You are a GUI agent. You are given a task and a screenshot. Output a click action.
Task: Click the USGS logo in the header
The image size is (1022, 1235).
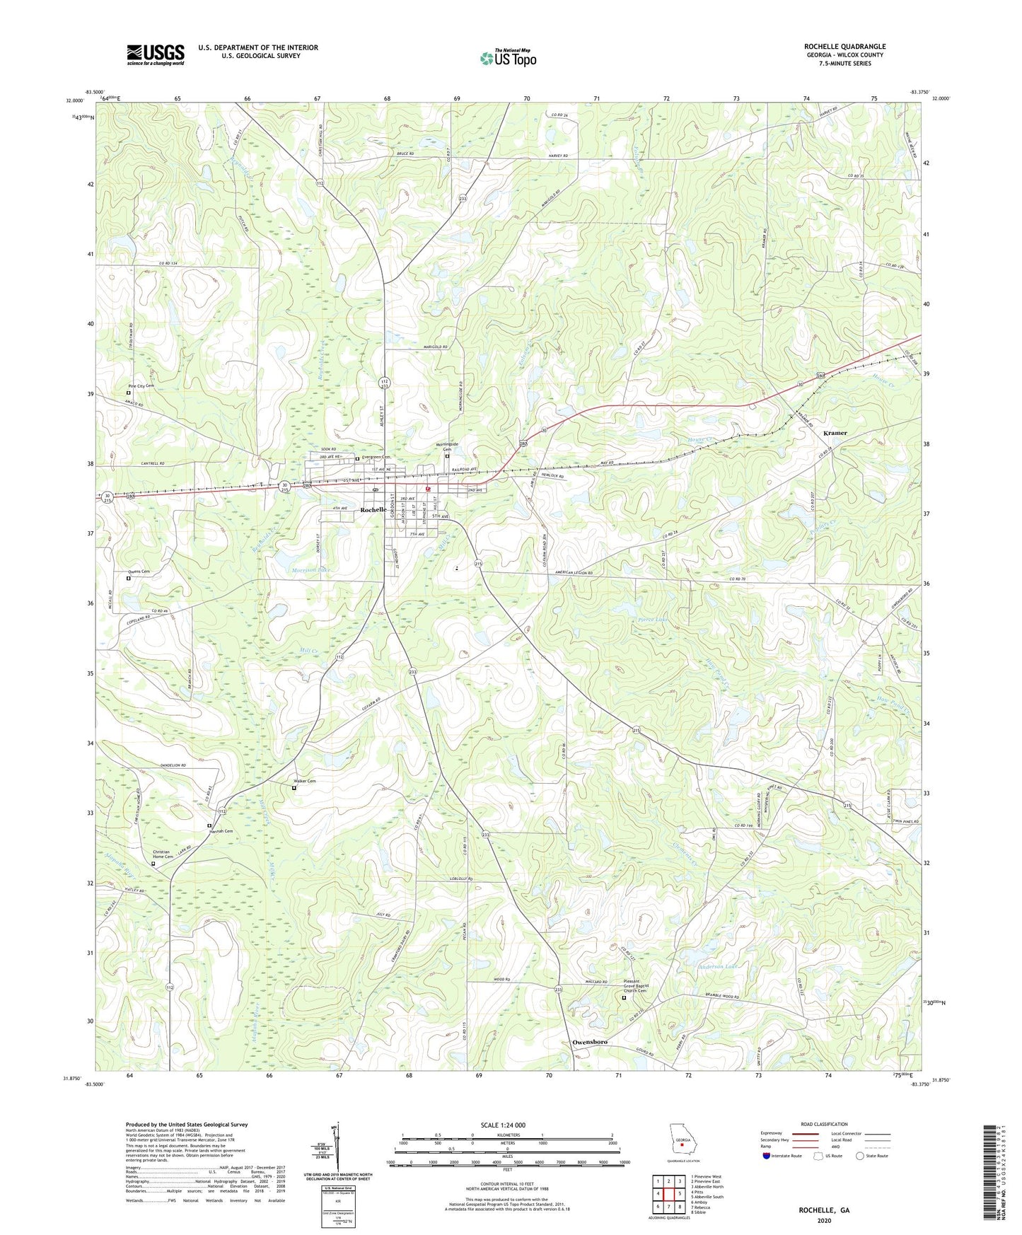pyautogui.click(x=155, y=54)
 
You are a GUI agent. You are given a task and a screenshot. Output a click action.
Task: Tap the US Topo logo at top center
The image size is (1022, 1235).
pyautogui.click(x=507, y=58)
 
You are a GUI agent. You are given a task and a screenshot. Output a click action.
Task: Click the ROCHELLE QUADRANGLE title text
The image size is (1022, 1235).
pyautogui.click(x=844, y=47)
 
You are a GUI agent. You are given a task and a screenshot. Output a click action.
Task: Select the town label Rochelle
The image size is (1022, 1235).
pyautogui.click(x=373, y=510)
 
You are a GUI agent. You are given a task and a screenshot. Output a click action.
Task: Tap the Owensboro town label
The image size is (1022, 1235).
pyautogui.click(x=589, y=1042)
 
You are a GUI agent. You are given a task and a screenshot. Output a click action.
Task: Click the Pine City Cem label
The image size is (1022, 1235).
pyautogui.click(x=141, y=385)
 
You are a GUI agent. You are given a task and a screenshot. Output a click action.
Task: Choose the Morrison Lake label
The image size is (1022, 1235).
pyautogui.click(x=311, y=569)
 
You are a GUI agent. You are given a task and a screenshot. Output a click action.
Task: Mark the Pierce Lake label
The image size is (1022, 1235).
pyautogui.click(x=653, y=620)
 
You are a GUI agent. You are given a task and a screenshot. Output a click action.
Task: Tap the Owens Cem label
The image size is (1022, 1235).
pyautogui.click(x=139, y=572)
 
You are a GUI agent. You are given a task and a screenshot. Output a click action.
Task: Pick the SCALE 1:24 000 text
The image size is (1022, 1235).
pyautogui.click(x=502, y=1125)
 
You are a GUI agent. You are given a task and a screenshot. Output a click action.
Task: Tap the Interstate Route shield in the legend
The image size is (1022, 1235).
pyautogui.click(x=767, y=1156)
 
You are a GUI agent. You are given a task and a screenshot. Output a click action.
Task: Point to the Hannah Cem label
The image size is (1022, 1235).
pyautogui.click(x=222, y=830)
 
